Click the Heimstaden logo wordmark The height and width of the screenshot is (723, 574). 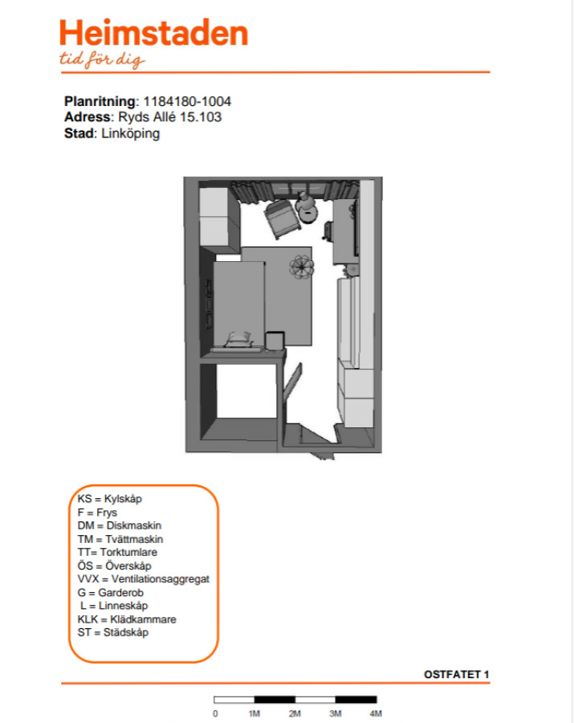coord(154,33)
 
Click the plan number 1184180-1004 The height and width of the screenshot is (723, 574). coord(187,101)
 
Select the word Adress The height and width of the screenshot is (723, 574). coord(88,117)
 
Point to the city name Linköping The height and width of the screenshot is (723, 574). coord(130,133)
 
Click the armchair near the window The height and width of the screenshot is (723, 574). coord(282,219)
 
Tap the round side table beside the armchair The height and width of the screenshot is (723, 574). coord(307,213)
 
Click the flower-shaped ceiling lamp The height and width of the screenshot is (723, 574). coord(302,268)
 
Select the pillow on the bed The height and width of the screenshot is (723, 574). coord(239,339)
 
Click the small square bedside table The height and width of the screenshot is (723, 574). coord(275,341)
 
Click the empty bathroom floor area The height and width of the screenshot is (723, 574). coord(246,391)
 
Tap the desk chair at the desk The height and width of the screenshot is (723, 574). coord(328,231)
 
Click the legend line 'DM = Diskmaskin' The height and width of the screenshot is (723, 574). coord(120,525)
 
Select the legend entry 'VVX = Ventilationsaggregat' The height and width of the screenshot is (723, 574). coord(143,579)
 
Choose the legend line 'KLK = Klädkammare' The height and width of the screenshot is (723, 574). coord(127,619)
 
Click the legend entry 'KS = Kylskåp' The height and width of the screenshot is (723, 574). coord(110,499)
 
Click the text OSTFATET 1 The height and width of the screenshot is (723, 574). coord(457,675)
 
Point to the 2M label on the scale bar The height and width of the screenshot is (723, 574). coord(295,714)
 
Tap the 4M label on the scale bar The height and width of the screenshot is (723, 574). coord(376,714)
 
